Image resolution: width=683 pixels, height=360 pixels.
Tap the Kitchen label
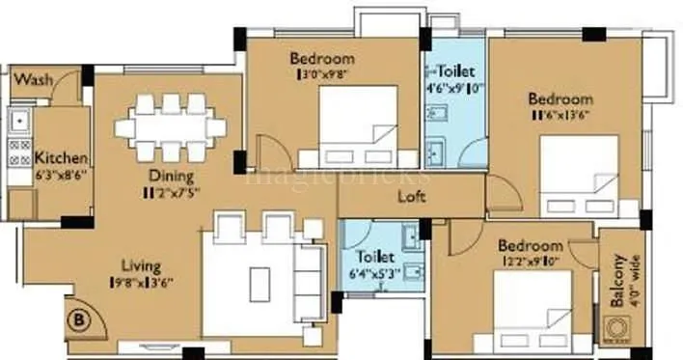62,157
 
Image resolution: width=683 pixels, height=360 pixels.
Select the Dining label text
172,177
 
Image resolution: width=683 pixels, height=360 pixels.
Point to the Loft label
413,197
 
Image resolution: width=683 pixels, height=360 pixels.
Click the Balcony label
617,280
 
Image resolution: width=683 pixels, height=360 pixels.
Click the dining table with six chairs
171,127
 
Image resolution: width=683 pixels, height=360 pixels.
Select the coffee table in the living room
260,284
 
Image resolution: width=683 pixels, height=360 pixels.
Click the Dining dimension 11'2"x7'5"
172,193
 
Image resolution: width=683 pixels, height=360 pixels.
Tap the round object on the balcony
618,328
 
